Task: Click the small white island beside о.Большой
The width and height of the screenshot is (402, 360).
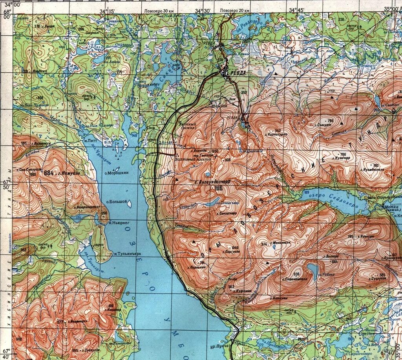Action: point(129,204)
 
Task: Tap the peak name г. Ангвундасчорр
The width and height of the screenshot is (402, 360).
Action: point(212,182)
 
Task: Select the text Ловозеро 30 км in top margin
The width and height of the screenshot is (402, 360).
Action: point(159,11)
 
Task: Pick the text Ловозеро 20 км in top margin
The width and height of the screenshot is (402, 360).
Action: point(235,11)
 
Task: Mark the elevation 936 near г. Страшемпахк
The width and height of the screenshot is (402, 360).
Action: point(296,274)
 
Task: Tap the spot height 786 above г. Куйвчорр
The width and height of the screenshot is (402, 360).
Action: point(343,154)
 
